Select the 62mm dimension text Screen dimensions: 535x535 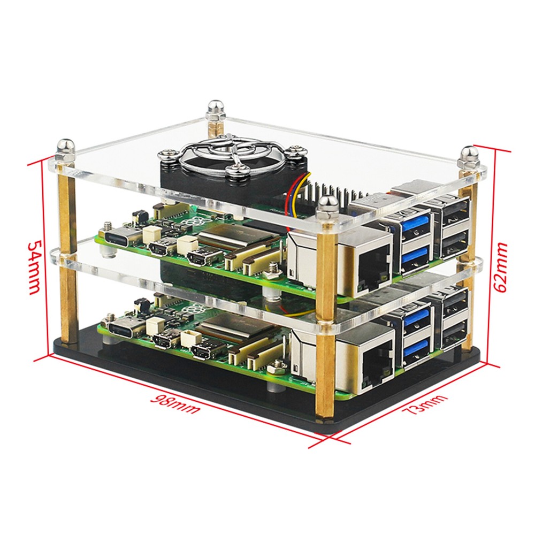(501, 267)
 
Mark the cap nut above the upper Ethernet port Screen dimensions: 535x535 (327, 205)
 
